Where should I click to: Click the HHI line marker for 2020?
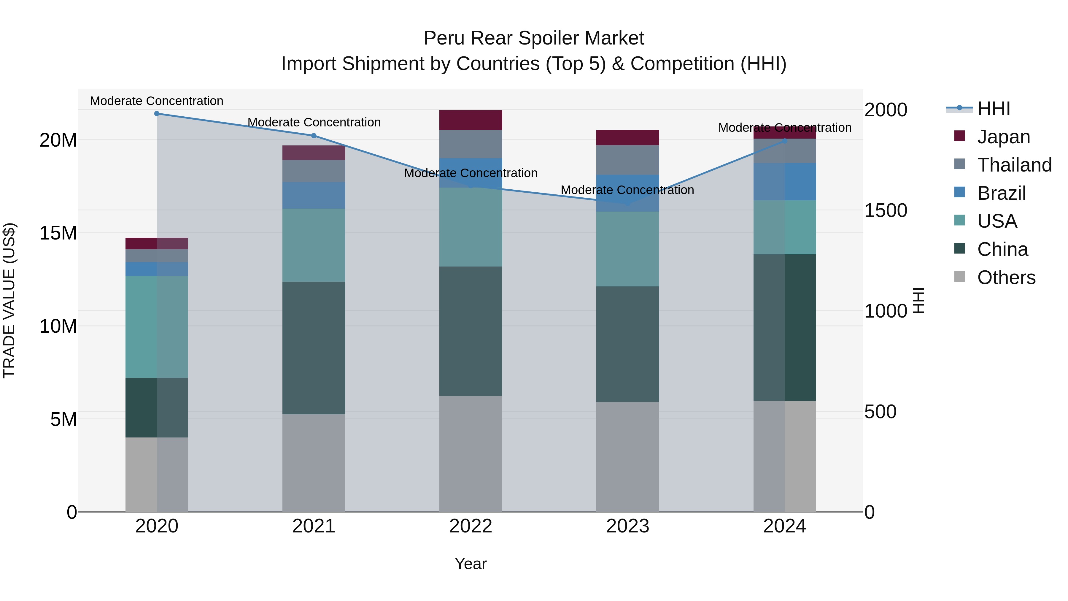pyautogui.click(x=157, y=114)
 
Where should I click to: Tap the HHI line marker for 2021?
pyautogui.click(x=314, y=136)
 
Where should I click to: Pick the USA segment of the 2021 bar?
pyautogui.click(x=314, y=245)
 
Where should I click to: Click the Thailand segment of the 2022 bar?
pyautogui.click(x=471, y=144)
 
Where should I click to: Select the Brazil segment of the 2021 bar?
pyautogui.click(x=314, y=195)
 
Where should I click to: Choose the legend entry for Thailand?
pyautogui.click(x=1014, y=165)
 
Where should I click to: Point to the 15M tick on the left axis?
pyautogui.click(x=58, y=233)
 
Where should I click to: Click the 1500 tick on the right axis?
pyautogui.click(x=886, y=211)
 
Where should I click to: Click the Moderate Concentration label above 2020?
pyautogui.click(x=157, y=101)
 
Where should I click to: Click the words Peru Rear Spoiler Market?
pyautogui.click(x=534, y=38)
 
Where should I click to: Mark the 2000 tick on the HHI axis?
pyautogui.click(x=886, y=110)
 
